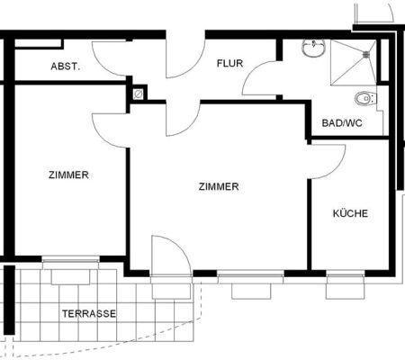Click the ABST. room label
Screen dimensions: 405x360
click(66, 67)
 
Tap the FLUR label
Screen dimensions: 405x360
click(230, 63)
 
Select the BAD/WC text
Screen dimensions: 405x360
click(342, 123)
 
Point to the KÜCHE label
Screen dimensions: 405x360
click(350, 213)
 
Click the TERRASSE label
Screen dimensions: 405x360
click(89, 314)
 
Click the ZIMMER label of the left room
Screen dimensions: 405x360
click(68, 175)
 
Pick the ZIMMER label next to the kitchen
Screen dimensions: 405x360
click(219, 186)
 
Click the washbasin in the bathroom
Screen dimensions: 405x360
click(313, 49)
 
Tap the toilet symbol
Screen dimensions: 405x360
click(365, 98)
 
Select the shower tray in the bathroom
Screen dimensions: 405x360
click(353, 63)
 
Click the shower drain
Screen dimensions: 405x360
click(366, 54)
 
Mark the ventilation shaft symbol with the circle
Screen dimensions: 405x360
click(139, 94)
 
